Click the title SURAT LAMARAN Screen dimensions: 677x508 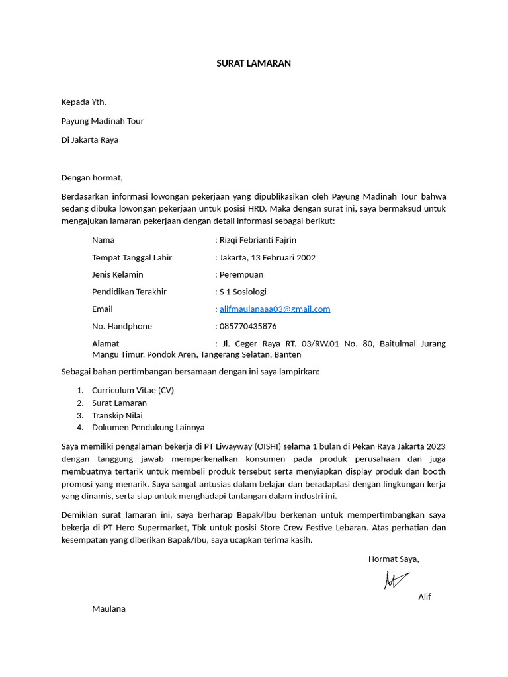[x=253, y=63]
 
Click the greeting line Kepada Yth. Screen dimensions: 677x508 [x=83, y=102]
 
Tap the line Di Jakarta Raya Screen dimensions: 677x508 [x=90, y=139]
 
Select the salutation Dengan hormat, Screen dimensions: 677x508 [x=92, y=177]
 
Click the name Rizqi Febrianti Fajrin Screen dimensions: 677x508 [x=258, y=240]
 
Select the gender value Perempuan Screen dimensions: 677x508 [x=241, y=274]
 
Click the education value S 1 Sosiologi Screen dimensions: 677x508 [x=243, y=292]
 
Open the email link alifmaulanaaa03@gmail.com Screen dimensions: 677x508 [x=275, y=309]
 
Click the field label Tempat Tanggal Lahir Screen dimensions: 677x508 [x=132, y=257]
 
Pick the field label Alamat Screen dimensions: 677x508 [x=106, y=343]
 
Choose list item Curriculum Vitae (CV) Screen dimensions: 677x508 [x=133, y=390]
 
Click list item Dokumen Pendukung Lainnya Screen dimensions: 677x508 [x=148, y=428]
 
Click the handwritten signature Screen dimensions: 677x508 [x=396, y=579]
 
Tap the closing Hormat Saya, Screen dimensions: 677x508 [x=394, y=559]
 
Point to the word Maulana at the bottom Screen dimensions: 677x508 [x=108, y=608]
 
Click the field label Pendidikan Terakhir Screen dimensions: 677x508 [x=129, y=292]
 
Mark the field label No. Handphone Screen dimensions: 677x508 [x=122, y=326]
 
